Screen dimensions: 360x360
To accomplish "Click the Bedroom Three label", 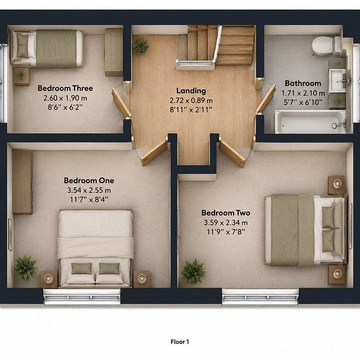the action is click(65, 88).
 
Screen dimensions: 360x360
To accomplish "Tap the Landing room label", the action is click(191, 91).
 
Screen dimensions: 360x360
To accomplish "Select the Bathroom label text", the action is click(303, 83).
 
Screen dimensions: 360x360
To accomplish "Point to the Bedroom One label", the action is click(89, 181).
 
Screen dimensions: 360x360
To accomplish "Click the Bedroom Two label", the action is click(226, 213).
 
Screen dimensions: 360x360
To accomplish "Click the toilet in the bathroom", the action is click(326, 46).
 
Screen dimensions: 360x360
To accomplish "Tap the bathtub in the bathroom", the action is click(310, 122).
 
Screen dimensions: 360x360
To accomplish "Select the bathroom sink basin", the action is click(338, 81).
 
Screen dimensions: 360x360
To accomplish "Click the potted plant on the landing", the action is click(141, 46).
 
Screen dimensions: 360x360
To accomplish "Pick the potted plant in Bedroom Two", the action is click(194, 271).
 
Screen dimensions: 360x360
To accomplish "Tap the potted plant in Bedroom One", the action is click(25, 267).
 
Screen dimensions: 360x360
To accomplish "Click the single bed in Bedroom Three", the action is click(47, 49).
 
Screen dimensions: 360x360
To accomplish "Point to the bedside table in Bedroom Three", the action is click(22, 76).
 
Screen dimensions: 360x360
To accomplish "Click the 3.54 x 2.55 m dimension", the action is click(89, 190).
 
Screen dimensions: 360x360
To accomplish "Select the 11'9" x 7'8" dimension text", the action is click(226, 232).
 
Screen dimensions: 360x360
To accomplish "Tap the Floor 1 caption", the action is click(180, 342).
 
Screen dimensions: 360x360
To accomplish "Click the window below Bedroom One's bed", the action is click(82, 297).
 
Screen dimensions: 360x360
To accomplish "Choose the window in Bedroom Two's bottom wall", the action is click(260, 297).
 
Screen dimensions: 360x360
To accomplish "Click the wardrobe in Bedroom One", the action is click(22, 182).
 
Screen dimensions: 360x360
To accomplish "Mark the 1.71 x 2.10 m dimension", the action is click(303, 93).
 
